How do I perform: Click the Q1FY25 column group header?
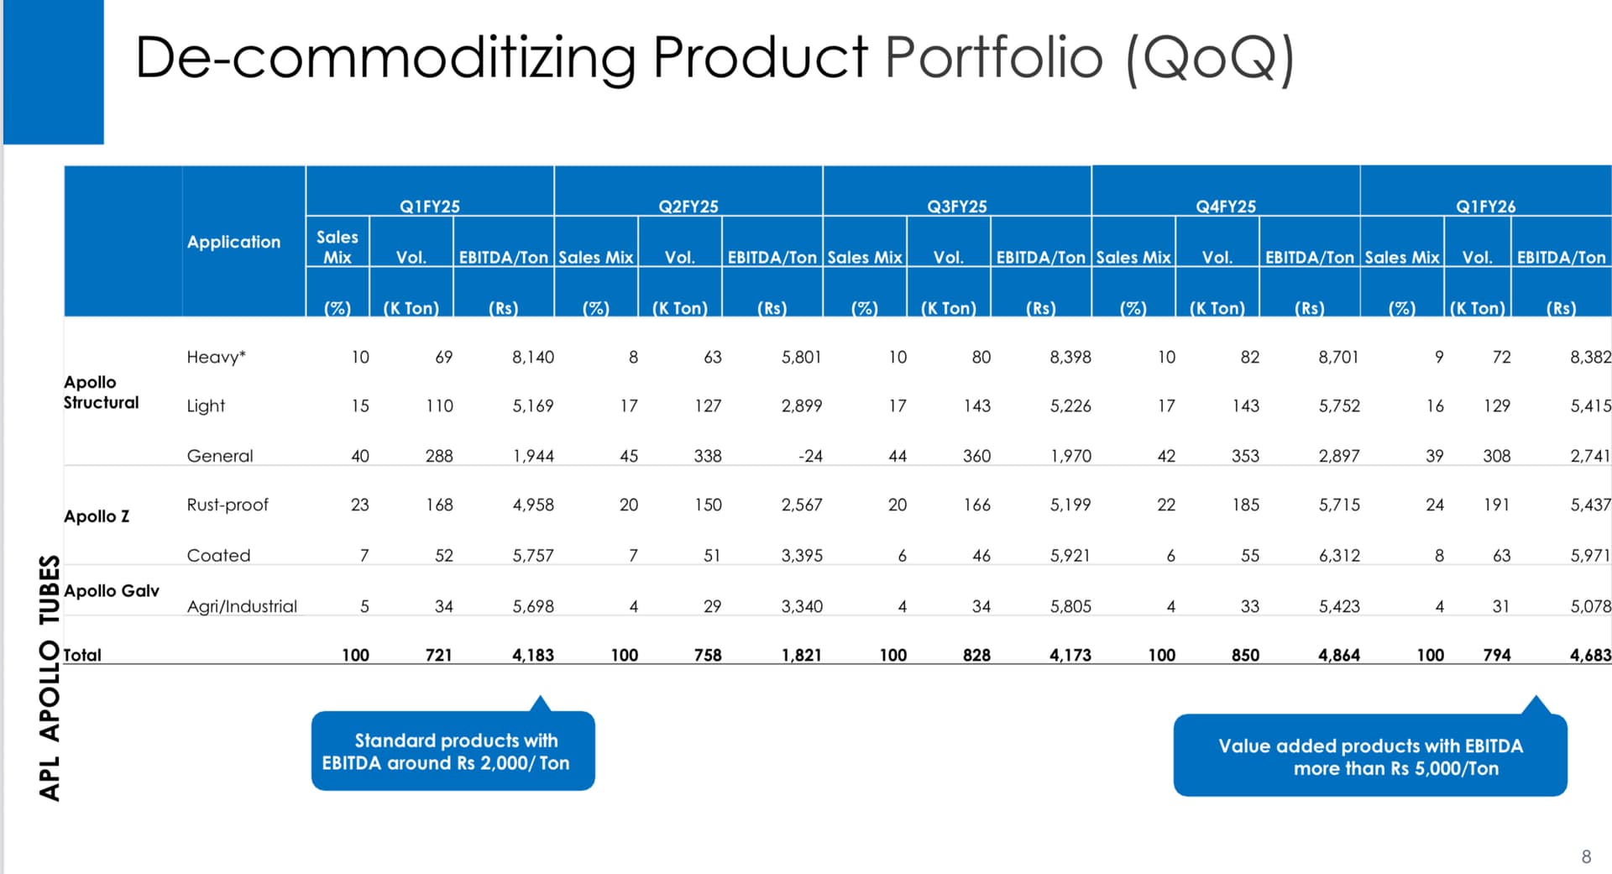click(429, 207)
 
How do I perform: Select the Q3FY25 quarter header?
click(956, 207)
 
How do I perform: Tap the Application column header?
click(233, 243)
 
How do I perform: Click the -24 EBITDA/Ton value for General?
click(810, 456)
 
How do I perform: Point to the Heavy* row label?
click(216, 357)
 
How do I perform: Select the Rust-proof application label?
click(228, 505)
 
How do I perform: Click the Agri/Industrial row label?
click(242, 606)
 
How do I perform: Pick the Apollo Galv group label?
click(112, 591)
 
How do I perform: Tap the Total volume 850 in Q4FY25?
click(1245, 655)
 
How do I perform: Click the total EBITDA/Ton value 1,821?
click(802, 655)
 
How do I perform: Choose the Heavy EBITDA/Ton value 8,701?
click(1338, 357)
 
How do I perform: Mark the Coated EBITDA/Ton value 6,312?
click(1339, 555)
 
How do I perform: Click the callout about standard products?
click(453, 751)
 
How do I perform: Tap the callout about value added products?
click(1370, 756)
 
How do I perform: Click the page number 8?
click(1586, 856)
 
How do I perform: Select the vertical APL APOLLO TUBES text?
click(50, 678)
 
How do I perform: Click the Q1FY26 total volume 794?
click(1496, 655)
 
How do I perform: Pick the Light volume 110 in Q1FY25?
click(439, 406)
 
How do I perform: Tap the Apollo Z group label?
click(97, 516)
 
